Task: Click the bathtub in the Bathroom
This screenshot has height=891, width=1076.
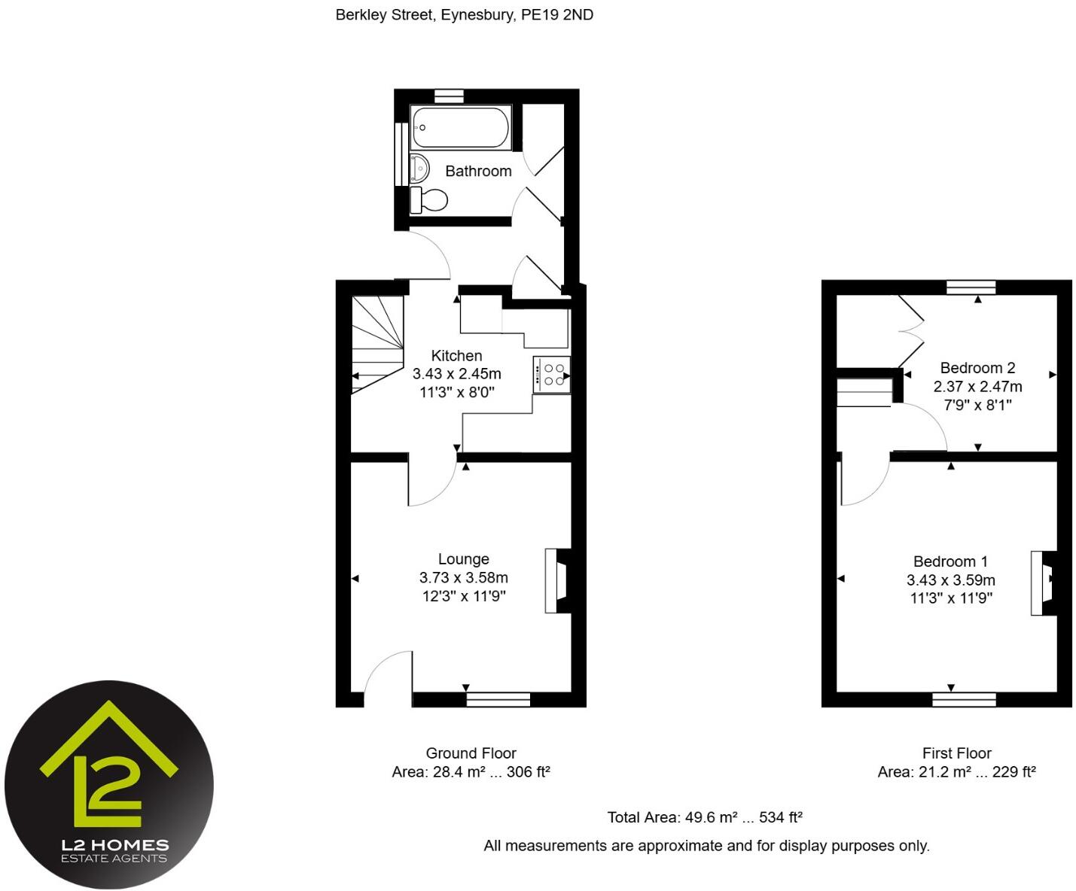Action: pos(461,127)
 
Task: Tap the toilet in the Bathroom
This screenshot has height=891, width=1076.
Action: pos(429,200)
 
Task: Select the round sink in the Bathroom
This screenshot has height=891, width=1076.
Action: pos(419,168)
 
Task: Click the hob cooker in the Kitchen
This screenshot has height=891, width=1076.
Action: pos(553,375)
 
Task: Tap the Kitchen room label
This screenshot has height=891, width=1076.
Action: pos(456,356)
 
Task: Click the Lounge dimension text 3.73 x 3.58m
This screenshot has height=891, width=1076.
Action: pos(463,578)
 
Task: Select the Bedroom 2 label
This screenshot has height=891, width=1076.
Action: pos(977,368)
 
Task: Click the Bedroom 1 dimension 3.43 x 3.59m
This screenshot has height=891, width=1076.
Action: pos(950,580)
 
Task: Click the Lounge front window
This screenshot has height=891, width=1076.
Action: pos(498,700)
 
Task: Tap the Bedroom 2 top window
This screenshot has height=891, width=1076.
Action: pos(971,287)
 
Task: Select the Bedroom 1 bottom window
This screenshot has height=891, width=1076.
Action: pos(963,700)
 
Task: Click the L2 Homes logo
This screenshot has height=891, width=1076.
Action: pos(109,785)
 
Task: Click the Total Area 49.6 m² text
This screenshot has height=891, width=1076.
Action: pos(704,817)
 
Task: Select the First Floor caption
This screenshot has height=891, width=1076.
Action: pos(956,753)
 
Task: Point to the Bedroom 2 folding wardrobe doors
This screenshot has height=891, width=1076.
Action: pos(912,330)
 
